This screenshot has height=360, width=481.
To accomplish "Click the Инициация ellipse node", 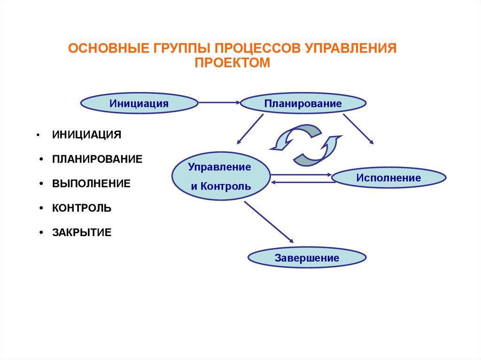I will coord(139,102).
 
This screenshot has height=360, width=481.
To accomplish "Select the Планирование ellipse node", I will coord(303,103).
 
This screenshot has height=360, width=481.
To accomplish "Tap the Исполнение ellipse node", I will coord(388,178).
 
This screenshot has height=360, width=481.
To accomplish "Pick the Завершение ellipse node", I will coord(307,258).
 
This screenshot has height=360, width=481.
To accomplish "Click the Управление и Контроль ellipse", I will coord(220,176).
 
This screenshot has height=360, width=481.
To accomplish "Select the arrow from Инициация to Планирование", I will coord(219,102).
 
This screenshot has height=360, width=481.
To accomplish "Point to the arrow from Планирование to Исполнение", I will coord(358,128).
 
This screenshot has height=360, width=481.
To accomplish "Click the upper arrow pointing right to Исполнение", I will coord(301,175).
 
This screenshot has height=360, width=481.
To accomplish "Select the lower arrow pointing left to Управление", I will coord(303,182).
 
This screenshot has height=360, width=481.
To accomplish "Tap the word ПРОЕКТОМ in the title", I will coord(233,62).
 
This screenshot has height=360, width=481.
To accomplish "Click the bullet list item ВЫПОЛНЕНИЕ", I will coord(91,183).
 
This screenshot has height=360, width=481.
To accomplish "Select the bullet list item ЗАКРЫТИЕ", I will coord(82,232).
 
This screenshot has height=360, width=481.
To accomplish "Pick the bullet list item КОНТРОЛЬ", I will coord(82,207).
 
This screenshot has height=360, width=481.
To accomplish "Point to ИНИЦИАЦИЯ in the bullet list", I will coord(86,135).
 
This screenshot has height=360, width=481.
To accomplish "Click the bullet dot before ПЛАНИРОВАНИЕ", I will coord(42,160).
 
